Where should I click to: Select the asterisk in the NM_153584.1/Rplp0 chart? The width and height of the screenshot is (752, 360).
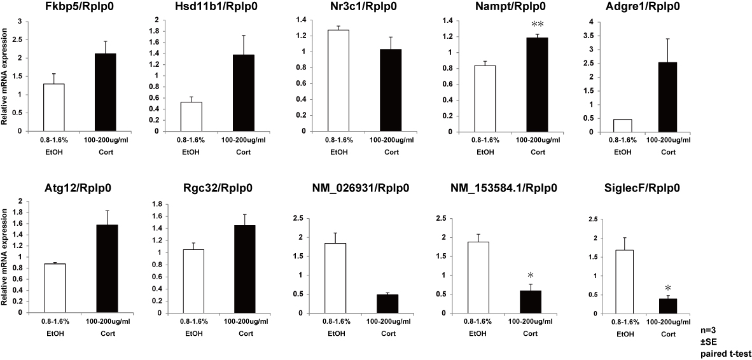530,275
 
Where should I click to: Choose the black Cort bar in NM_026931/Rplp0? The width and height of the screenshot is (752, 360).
384,303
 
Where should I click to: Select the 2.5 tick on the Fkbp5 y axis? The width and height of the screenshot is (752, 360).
25,40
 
